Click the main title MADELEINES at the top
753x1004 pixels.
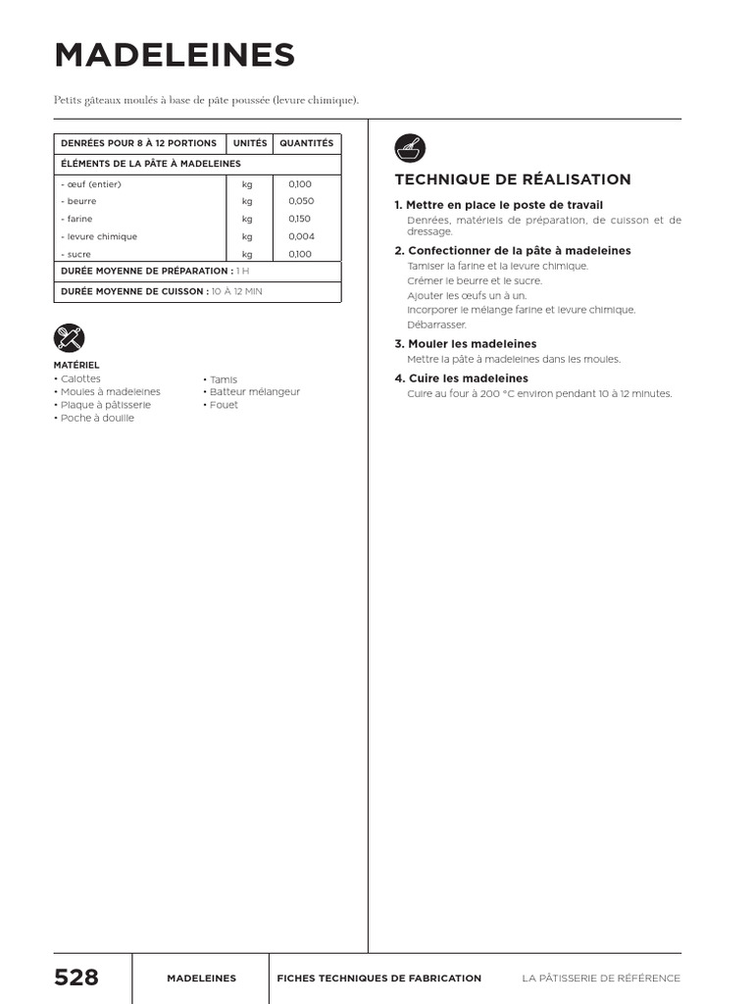(175, 56)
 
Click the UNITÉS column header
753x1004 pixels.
(250, 143)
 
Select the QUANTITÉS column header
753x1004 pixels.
(306, 143)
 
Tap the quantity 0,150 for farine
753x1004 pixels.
(300, 219)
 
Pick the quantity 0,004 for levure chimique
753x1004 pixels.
(301, 236)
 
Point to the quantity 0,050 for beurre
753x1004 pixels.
(301, 201)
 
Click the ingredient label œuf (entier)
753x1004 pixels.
(91, 184)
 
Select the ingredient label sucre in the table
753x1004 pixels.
(76, 254)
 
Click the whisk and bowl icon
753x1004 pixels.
(410, 149)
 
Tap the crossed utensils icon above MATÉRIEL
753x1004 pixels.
(69, 338)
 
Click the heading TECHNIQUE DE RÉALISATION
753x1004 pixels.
(512, 179)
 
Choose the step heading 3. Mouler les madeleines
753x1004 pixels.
(466, 344)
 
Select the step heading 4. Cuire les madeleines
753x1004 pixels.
(461, 378)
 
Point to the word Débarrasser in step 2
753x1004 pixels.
(436, 325)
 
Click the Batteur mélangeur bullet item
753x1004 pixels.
(253, 392)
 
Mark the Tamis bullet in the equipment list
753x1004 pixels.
(222, 379)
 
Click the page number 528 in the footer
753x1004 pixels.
(76, 978)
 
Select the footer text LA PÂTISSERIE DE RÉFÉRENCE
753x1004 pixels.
(601, 979)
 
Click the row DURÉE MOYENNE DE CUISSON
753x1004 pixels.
(162, 291)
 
